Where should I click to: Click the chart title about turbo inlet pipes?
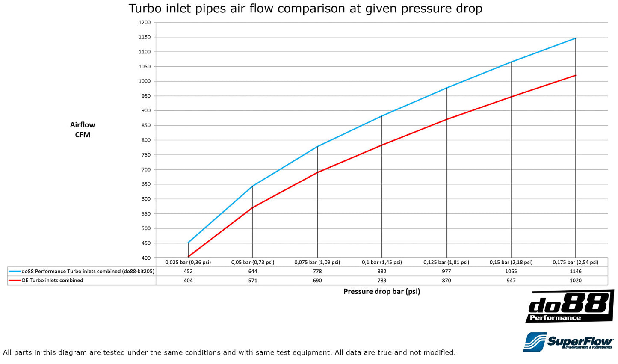[305, 9]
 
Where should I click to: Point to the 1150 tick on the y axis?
[145, 37]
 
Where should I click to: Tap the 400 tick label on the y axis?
[145, 258]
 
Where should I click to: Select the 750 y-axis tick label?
[145, 155]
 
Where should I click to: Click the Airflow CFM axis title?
[83, 130]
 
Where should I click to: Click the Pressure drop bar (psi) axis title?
[381, 291]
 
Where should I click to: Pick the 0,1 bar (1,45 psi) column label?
[381, 262]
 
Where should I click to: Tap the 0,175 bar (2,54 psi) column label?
[575, 262]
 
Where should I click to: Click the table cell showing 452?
[188, 271]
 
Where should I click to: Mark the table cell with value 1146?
[575, 271]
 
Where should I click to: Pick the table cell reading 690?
[317, 281]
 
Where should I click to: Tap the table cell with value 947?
[511, 281]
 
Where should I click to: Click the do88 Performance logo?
[569, 306]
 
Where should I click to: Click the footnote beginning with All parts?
[229, 352]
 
